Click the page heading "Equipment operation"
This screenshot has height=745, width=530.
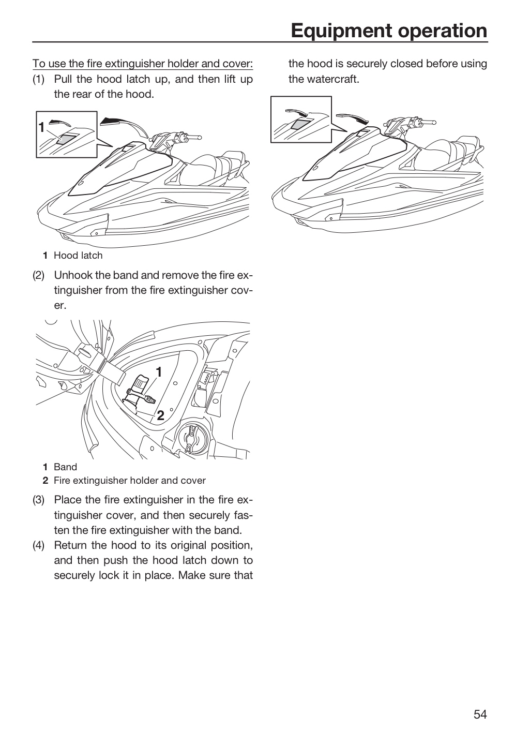click(389, 31)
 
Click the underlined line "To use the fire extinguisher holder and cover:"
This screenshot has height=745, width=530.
click(143, 64)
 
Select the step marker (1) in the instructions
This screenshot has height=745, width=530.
click(38, 79)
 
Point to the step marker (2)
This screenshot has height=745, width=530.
click(38, 275)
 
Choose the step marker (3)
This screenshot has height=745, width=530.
click(38, 500)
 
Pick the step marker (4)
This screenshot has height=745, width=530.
click(38, 545)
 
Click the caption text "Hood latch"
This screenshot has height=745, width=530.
click(78, 256)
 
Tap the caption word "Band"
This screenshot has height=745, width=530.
click(66, 467)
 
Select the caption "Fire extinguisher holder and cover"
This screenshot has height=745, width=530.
click(130, 480)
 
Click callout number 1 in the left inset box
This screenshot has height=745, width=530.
click(41, 127)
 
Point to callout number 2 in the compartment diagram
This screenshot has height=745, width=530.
click(161, 415)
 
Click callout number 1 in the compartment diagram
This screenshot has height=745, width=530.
click(159, 372)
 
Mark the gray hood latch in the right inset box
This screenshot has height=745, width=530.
click(299, 123)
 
